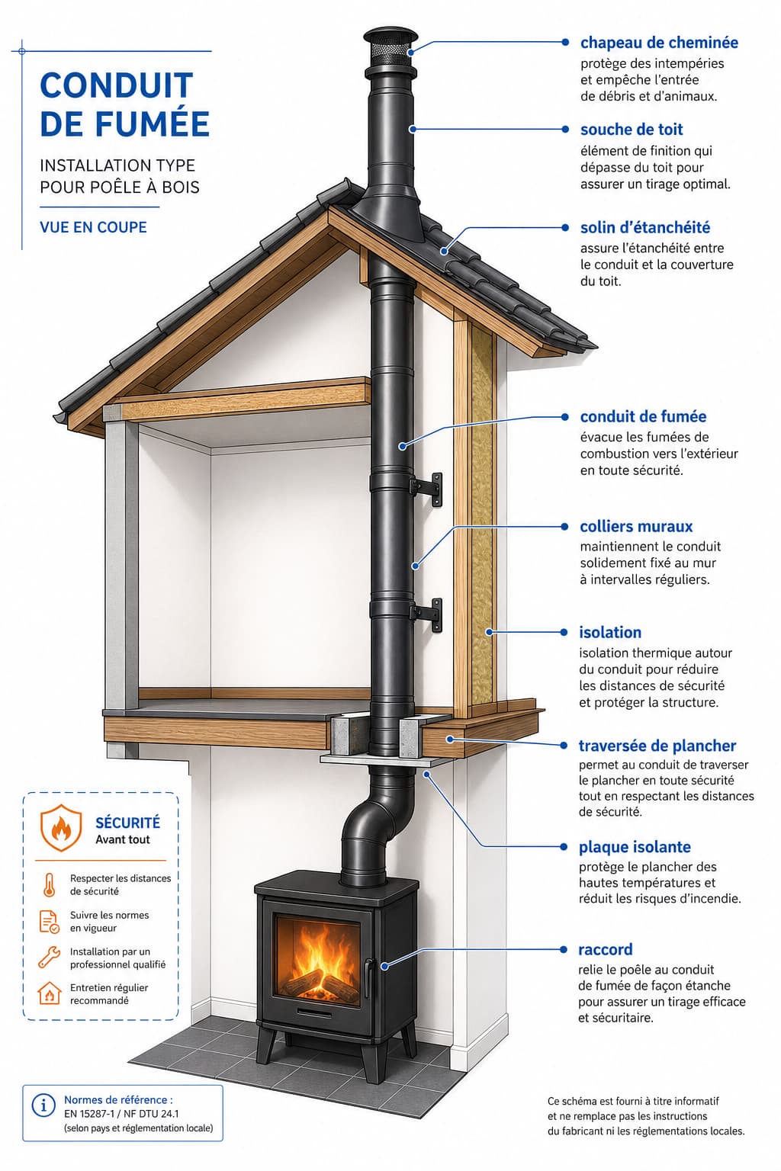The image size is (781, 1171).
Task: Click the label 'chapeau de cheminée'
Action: pyautogui.click(x=659, y=43)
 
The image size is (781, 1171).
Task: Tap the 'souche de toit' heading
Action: pyautogui.click(x=632, y=129)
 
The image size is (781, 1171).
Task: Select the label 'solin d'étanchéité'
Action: pyautogui.click(x=645, y=227)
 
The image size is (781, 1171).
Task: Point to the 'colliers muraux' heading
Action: pyautogui.click(x=636, y=526)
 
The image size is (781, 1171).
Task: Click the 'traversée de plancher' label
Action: pyautogui.click(x=657, y=746)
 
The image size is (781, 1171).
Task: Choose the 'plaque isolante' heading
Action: pyautogui.click(x=635, y=847)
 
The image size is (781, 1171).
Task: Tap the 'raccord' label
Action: pyautogui.click(x=606, y=949)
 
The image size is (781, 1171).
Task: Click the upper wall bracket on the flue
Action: pyautogui.click(x=428, y=489)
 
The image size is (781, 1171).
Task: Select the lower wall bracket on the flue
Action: pyautogui.click(x=428, y=614)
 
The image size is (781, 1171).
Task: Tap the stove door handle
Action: pyautogui.click(x=369, y=977)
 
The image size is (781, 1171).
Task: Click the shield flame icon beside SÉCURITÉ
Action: pyautogui.click(x=61, y=827)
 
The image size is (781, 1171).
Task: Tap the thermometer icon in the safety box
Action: pyautogui.click(x=49, y=884)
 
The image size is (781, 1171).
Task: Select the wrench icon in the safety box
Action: pyautogui.click(x=49, y=956)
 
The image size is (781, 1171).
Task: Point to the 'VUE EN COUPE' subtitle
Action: pyautogui.click(x=93, y=227)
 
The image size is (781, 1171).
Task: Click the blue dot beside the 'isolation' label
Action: pyautogui.click(x=564, y=632)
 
